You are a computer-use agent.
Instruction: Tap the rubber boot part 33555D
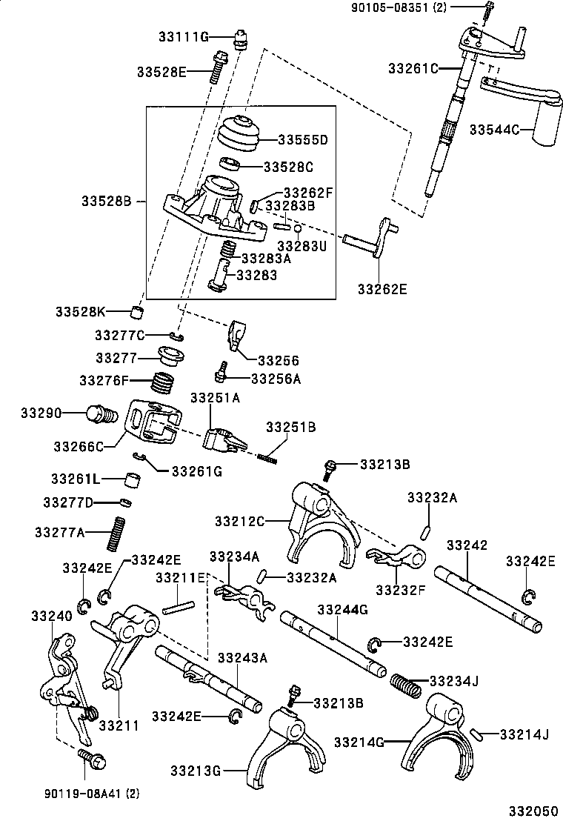(239, 133)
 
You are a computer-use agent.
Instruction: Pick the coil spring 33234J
(405, 683)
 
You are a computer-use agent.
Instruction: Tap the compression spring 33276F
(164, 383)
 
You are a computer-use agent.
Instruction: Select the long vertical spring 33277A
(116, 533)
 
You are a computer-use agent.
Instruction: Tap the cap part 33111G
(239, 37)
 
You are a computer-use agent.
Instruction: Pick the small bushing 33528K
(137, 310)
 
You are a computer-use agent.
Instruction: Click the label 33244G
(342, 610)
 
